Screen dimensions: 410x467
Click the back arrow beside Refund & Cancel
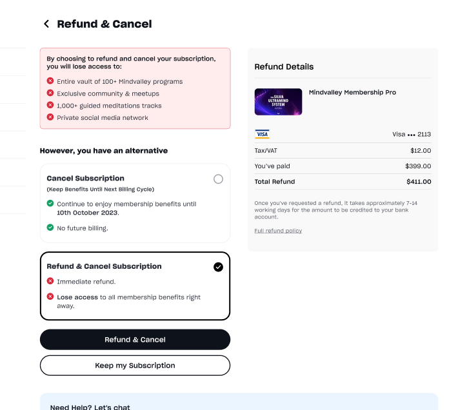(x=46, y=24)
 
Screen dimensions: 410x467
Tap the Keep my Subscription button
(x=135, y=366)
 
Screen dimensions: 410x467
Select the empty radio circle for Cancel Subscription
(x=218, y=179)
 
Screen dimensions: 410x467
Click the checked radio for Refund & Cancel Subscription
(x=218, y=267)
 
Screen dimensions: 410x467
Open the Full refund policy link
(x=278, y=230)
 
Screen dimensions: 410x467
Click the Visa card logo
(x=262, y=134)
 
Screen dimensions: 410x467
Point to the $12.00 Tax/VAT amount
(x=421, y=150)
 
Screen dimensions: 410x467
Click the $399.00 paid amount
(x=418, y=166)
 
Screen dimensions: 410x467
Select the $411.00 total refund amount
(x=419, y=182)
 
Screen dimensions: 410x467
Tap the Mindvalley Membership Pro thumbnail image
(x=278, y=102)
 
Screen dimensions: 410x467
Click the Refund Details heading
(x=284, y=66)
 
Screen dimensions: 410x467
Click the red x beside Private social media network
(x=50, y=117)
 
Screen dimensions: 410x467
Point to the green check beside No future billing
(x=50, y=228)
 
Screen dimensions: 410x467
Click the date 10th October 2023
(x=87, y=212)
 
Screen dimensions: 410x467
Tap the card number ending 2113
(x=412, y=134)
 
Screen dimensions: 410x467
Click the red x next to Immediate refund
(x=50, y=281)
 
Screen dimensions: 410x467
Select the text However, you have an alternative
(x=104, y=150)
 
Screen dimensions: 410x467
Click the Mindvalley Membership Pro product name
(x=352, y=92)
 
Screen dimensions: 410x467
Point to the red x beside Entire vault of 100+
(x=50, y=81)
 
